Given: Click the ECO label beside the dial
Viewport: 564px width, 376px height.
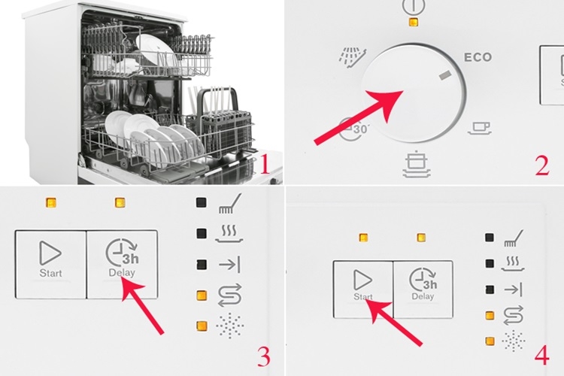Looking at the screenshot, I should (478, 57).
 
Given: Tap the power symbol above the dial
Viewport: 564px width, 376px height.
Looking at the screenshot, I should (411, 6).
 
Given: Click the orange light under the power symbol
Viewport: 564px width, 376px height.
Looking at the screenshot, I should (411, 22).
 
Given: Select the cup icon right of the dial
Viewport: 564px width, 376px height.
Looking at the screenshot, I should (479, 129).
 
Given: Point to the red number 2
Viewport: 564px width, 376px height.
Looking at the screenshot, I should (542, 163).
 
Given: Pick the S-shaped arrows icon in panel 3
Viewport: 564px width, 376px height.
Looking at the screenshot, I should (227, 296).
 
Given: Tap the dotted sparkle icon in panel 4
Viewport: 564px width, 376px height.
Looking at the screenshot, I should (514, 341).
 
